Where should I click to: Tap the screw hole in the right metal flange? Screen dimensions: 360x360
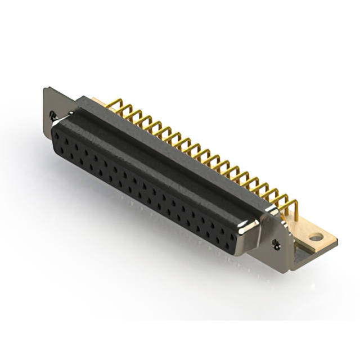click(276, 243)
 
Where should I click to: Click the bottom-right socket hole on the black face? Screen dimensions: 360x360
click(231, 248)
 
